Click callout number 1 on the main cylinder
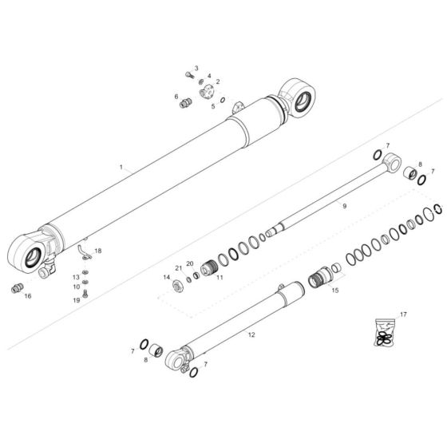[x=121, y=168]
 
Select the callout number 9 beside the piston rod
[x=344, y=206]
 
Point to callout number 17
[x=403, y=314]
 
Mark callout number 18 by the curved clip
[x=98, y=251]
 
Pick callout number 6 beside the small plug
[x=176, y=97]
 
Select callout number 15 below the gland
[x=334, y=291]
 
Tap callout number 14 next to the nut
[x=167, y=277]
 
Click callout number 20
[x=190, y=263]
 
